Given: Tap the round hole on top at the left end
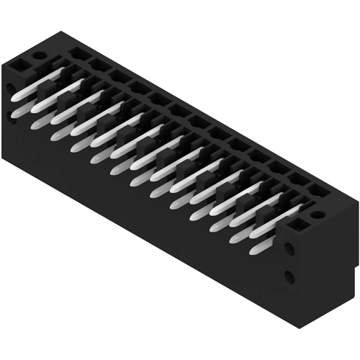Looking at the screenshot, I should click(x=38, y=55).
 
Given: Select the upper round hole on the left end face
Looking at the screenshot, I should click(x=9, y=89).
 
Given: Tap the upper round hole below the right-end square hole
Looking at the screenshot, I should click(x=289, y=248).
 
